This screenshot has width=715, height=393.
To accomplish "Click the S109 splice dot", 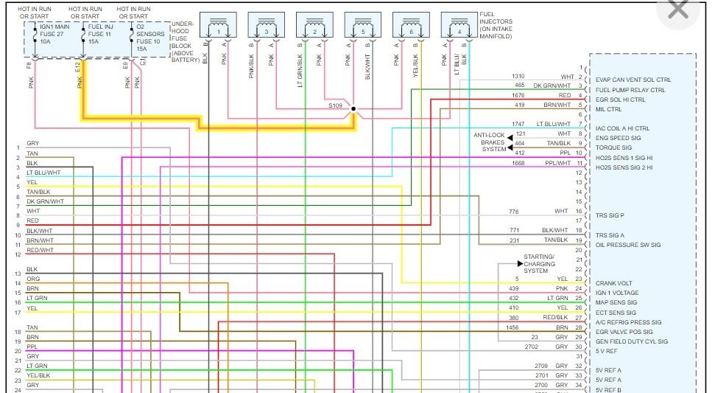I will pyautogui.click(x=353, y=108).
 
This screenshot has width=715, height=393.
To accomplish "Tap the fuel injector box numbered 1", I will pyautogui.click(x=219, y=28).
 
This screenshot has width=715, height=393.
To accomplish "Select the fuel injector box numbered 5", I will pyautogui.click(x=363, y=28).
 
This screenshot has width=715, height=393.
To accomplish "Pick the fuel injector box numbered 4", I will pyautogui.click(x=459, y=28).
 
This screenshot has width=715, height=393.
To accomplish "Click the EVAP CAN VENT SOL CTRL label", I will pyautogui.click(x=633, y=80).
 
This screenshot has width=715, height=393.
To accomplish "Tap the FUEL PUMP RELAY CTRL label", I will pyautogui.click(x=630, y=90).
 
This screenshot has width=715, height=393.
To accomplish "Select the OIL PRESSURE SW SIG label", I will pyautogui.click(x=628, y=245).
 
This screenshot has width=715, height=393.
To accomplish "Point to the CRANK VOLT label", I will pyautogui.click(x=614, y=283).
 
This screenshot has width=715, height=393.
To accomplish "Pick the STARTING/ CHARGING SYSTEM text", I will pyautogui.click(x=539, y=263).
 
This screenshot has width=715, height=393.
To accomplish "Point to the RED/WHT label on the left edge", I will pyautogui.click(x=40, y=250).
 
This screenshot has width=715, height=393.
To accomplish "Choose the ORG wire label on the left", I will pyautogui.click(x=33, y=279).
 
